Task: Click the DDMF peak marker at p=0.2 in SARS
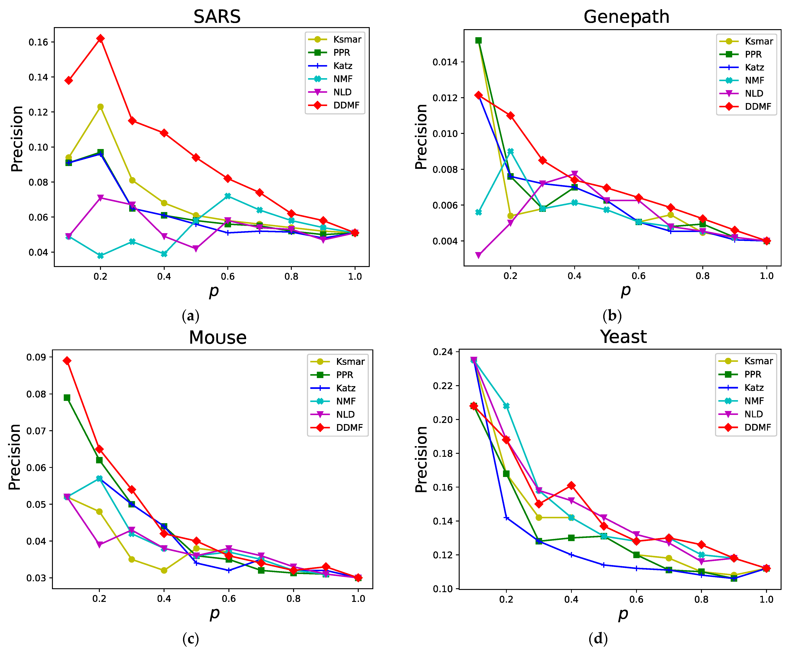point(100,39)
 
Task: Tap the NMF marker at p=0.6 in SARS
point(227,196)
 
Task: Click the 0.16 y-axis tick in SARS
point(39,42)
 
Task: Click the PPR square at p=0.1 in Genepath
point(478,41)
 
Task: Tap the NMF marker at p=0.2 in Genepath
point(510,151)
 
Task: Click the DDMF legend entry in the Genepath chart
point(745,107)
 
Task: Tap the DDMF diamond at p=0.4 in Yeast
point(571,486)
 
